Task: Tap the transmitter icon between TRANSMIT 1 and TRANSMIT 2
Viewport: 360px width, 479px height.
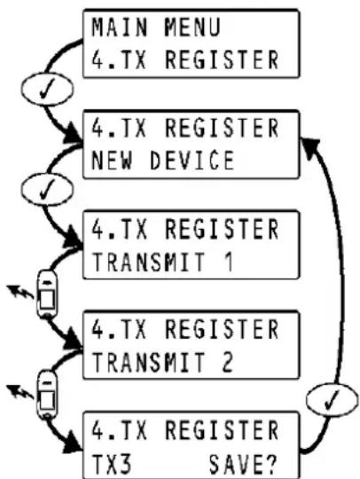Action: pos(46,294)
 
